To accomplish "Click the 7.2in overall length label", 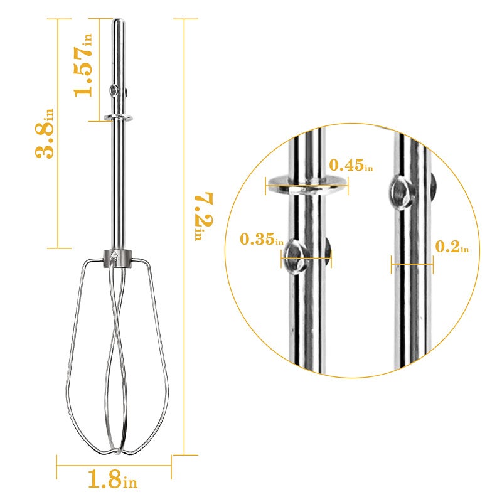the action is [203, 216].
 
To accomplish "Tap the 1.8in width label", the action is [113, 479].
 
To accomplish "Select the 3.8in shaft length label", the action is [45, 133].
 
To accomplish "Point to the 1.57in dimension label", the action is [83, 65].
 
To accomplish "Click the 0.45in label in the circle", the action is [351, 165].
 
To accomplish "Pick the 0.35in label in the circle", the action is [262, 239].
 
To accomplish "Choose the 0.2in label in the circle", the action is [452, 247].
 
